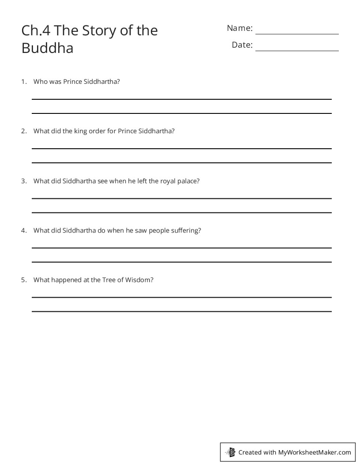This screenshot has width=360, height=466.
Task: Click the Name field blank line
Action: (x=297, y=33)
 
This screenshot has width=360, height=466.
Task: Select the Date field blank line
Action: (x=297, y=50)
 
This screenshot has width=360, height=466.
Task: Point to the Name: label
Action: (x=240, y=28)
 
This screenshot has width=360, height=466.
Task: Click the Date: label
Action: (x=242, y=45)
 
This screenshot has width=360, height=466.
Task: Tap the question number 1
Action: (x=23, y=82)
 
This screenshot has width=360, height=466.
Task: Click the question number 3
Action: (x=23, y=181)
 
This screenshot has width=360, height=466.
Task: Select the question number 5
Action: (x=23, y=280)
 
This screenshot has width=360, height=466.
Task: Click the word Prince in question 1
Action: (x=73, y=82)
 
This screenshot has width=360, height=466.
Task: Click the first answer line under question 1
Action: (x=181, y=99)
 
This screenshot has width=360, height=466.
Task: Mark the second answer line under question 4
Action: (x=181, y=262)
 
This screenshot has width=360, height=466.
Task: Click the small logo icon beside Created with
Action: (x=230, y=452)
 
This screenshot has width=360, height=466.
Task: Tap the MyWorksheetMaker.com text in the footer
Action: (x=315, y=452)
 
